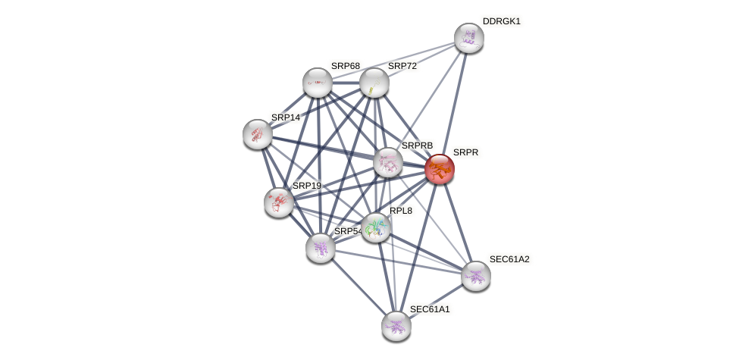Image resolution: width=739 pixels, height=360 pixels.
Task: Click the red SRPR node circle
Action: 440,169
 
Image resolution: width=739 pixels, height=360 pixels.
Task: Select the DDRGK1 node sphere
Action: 469,38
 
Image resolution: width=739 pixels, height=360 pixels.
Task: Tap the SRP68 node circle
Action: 318,83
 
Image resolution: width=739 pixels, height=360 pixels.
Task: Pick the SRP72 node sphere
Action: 374,83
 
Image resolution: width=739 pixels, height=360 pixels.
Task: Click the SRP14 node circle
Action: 258,134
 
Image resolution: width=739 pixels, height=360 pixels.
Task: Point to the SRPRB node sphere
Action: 388,162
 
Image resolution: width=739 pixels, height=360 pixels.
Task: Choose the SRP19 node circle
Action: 279,202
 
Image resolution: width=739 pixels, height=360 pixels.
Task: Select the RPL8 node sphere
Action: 376,227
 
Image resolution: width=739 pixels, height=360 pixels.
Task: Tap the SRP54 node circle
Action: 321,248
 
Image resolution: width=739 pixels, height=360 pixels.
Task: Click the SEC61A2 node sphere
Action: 476,276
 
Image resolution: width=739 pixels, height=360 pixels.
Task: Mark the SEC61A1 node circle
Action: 396,326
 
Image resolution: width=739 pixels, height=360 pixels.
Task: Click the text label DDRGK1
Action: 501,21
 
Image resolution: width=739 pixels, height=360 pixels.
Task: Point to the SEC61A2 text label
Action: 509,259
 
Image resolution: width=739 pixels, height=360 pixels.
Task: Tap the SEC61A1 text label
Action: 430,309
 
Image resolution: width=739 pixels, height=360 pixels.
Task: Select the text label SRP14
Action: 286,117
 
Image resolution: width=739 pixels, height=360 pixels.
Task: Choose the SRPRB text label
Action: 417,146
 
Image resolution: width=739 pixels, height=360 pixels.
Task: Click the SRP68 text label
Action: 346,66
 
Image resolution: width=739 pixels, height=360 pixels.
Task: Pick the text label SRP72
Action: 402,66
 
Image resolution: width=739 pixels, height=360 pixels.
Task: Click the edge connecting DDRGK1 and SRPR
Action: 455,102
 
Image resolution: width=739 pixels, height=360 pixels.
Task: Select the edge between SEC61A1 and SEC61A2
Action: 436,301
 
